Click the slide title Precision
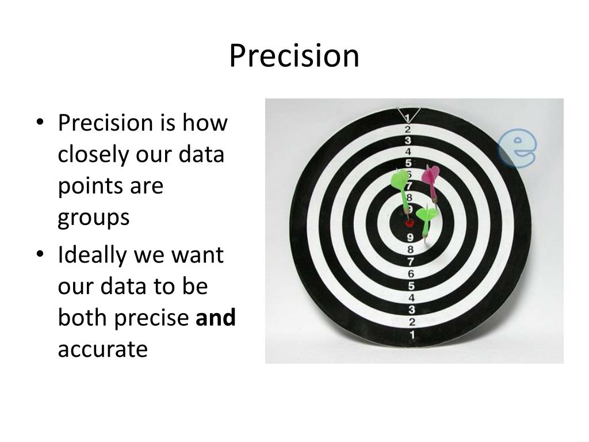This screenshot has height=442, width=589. click(294, 56)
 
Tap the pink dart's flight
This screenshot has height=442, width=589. click(430, 174)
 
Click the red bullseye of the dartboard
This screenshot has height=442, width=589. click(410, 223)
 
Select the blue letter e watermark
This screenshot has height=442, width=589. click(517, 148)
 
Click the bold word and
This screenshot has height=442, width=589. click(216, 318)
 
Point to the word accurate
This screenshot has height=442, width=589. click(103, 349)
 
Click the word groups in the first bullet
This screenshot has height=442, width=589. click(94, 218)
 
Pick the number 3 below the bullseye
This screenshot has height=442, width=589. click(411, 310)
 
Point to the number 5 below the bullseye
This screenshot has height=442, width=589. click(411, 286)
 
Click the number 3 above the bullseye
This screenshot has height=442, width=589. click(408, 140)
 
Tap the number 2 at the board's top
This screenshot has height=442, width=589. click(407, 129)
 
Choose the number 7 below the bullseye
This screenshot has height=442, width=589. click(411, 262)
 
